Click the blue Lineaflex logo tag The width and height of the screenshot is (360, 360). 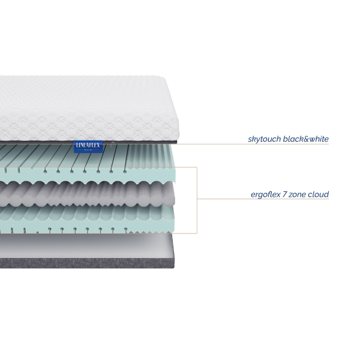(x=88, y=146)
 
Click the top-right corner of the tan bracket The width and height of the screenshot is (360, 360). (x=197, y=167)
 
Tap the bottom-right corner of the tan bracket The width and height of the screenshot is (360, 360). (x=197, y=233)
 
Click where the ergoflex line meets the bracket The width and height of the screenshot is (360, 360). (x=197, y=199)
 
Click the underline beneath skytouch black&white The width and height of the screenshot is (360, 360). (x=288, y=144)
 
